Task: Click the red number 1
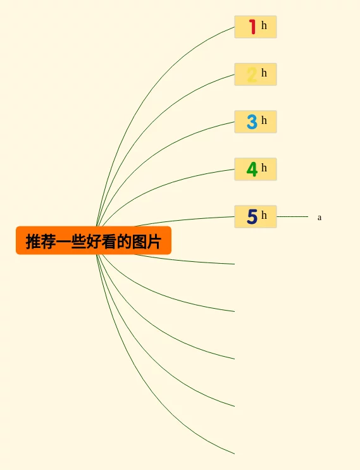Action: pyautogui.click(x=252, y=27)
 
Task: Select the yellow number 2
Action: pyautogui.click(x=252, y=75)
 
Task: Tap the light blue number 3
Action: pyautogui.click(x=252, y=121)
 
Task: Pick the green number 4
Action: pyautogui.click(x=252, y=169)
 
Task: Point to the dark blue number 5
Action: pyautogui.click(x=252, y=216)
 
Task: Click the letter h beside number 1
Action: pyautogui.click(x=264, y=25)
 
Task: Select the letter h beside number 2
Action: pyautogui.click(x=264, y=73)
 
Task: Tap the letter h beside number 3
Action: pyautogui.click(x=264, y=120)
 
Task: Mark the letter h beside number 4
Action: pyautogui.click(x=264, y=167)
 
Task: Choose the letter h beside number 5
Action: pyautogui.click(x=264, y=214)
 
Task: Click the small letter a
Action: pyautogui.click(x=320, y=218)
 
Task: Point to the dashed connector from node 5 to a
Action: pyautogui.click(x=292, y=216)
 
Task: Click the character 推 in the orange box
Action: pyautogui.click(x=34, y=241)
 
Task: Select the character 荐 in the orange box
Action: pyautogui.click(x=48, y=241)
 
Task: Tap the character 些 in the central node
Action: pyautogui.click(x=78, y=241)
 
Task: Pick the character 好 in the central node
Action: pyautogui.click(x=94, y=241)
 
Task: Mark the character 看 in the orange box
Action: pyautogui.click(x=109, y=241)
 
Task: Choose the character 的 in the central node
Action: pyautogui.click(x=124, y=241)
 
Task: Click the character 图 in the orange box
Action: pyautogui.click(x=139, y=241)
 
